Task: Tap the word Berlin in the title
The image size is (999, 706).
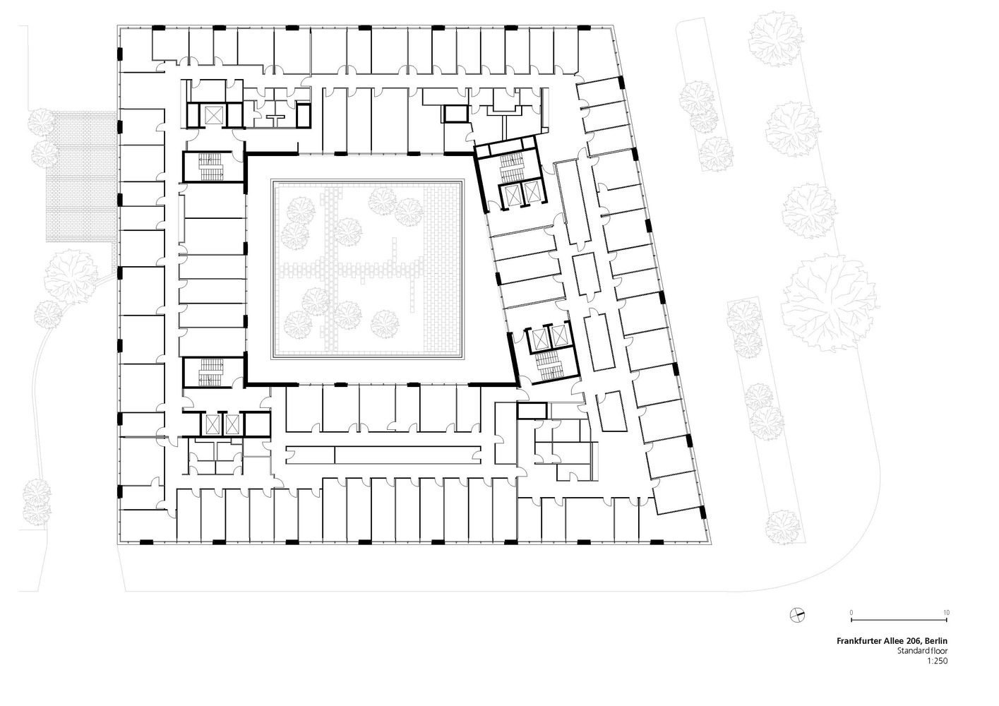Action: pyautogui.click(x=936, y=641)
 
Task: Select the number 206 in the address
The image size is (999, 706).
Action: pyautogui.click(x=913, y=641)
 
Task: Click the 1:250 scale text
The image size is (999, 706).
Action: pyautogui.click(x=938, y=661)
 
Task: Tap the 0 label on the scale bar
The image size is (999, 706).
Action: pyautogui.click(x=851, y=613)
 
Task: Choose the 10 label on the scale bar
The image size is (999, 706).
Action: pyautogui.click(x=946, y=613)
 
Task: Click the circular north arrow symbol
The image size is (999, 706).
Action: pyautogui.click(x=797, y=616)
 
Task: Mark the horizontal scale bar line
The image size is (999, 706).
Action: pyautogui.click(x=899, y=620)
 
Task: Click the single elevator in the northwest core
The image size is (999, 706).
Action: pyautogui.click(x=213, y=116)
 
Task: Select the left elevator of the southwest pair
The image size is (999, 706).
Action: pyautogui.click(x=211, y=424)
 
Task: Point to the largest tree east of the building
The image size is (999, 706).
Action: pyautogui.click(x=830, y=303)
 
